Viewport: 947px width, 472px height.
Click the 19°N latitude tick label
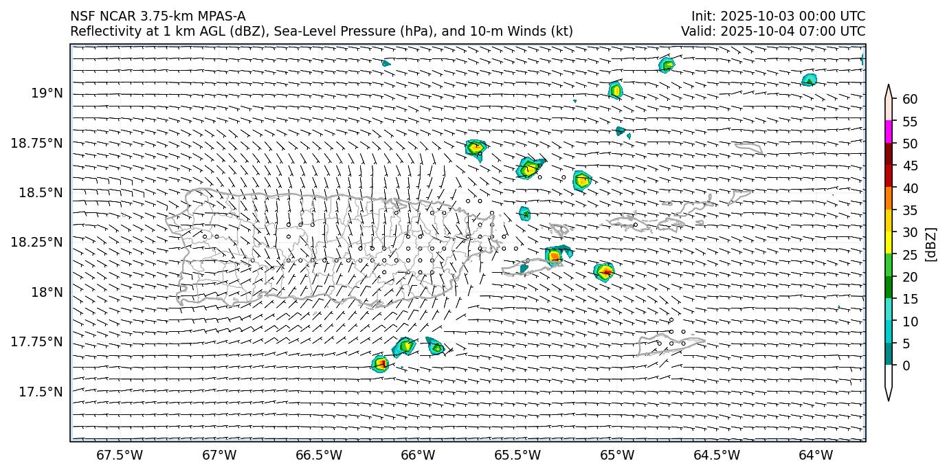click(47, 93)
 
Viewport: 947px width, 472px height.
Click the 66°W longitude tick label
click(418, 455)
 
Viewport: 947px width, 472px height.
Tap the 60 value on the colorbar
click(910, 100)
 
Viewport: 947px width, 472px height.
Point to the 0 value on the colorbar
click(906, 366)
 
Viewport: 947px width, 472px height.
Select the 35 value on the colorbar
click(910, 210)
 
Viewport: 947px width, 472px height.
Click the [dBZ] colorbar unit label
click(932, 244)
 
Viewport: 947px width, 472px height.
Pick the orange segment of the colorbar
click(889, 199)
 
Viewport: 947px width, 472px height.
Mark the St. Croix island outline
click(670, 344)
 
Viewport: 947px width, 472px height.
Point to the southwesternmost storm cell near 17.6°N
click(380, 364)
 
